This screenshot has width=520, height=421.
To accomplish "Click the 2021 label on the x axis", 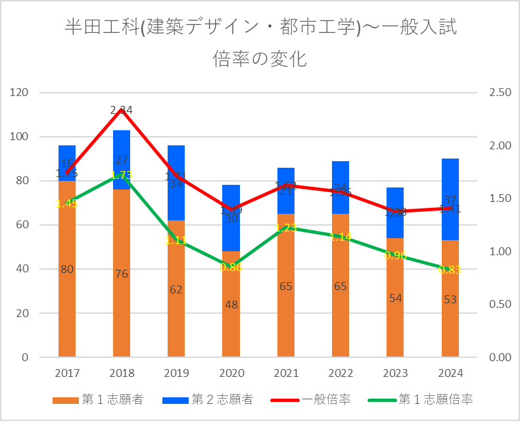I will tap(286, 373).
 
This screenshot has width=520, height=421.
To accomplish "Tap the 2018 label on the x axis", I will tap(122, 373).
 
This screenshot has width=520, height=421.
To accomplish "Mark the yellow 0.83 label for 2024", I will tap(450, 270).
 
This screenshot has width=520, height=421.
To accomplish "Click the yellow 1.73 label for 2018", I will tap(122, 175).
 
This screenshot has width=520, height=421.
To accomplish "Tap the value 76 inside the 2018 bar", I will tap(122, 274).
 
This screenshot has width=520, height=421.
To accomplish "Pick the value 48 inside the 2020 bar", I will tap(231, 305).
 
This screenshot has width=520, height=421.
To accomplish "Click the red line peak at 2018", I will tap(122, 110).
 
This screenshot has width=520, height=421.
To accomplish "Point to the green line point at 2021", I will tap(286, 228).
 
